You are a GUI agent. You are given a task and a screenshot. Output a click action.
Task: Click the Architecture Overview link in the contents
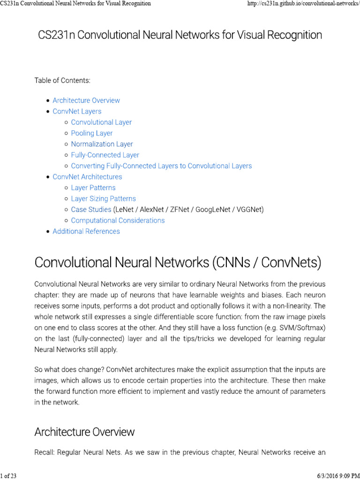click(86, 100)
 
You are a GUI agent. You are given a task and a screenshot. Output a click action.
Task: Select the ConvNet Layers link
click(77, 111)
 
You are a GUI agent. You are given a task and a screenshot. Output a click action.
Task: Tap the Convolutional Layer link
click(101, 122)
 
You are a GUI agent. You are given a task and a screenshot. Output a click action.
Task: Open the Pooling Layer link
click(92, 133)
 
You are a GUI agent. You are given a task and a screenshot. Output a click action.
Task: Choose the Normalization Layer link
click(102, 144)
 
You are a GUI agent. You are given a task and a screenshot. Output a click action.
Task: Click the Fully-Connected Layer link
click(105, 155)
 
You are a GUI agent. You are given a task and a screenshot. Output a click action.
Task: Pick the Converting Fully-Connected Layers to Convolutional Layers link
click(161, 166)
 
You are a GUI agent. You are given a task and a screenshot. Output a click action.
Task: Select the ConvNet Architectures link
click(87, 177)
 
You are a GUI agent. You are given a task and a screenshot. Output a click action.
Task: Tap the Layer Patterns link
click(93, 187)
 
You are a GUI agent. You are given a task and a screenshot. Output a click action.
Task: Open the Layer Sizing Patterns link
click(103, 199)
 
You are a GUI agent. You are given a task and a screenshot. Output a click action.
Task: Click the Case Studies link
click(91, 210)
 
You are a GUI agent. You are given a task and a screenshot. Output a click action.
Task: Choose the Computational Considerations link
click(118, 220)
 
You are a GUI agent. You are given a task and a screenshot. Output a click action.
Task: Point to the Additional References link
click(86, 231)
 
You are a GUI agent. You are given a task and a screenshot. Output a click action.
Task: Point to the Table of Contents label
click(62, 81)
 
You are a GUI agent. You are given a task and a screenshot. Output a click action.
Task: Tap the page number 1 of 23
click(9, 476)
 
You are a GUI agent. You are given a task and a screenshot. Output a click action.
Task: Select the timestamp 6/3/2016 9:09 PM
click(335, 476)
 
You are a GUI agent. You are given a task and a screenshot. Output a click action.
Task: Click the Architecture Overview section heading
click(84, 432)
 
